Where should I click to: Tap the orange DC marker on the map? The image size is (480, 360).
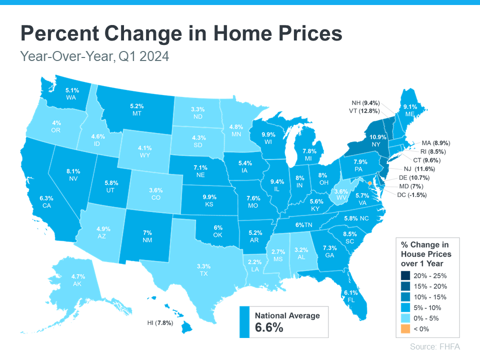pos(370,183)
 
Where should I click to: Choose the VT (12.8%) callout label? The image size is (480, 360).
pos(364,111)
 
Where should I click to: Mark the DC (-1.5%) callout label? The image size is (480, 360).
pos(410,195)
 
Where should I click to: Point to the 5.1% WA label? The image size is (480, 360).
pos(72,94)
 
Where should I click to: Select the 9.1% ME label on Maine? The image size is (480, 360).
pos(410,110)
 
